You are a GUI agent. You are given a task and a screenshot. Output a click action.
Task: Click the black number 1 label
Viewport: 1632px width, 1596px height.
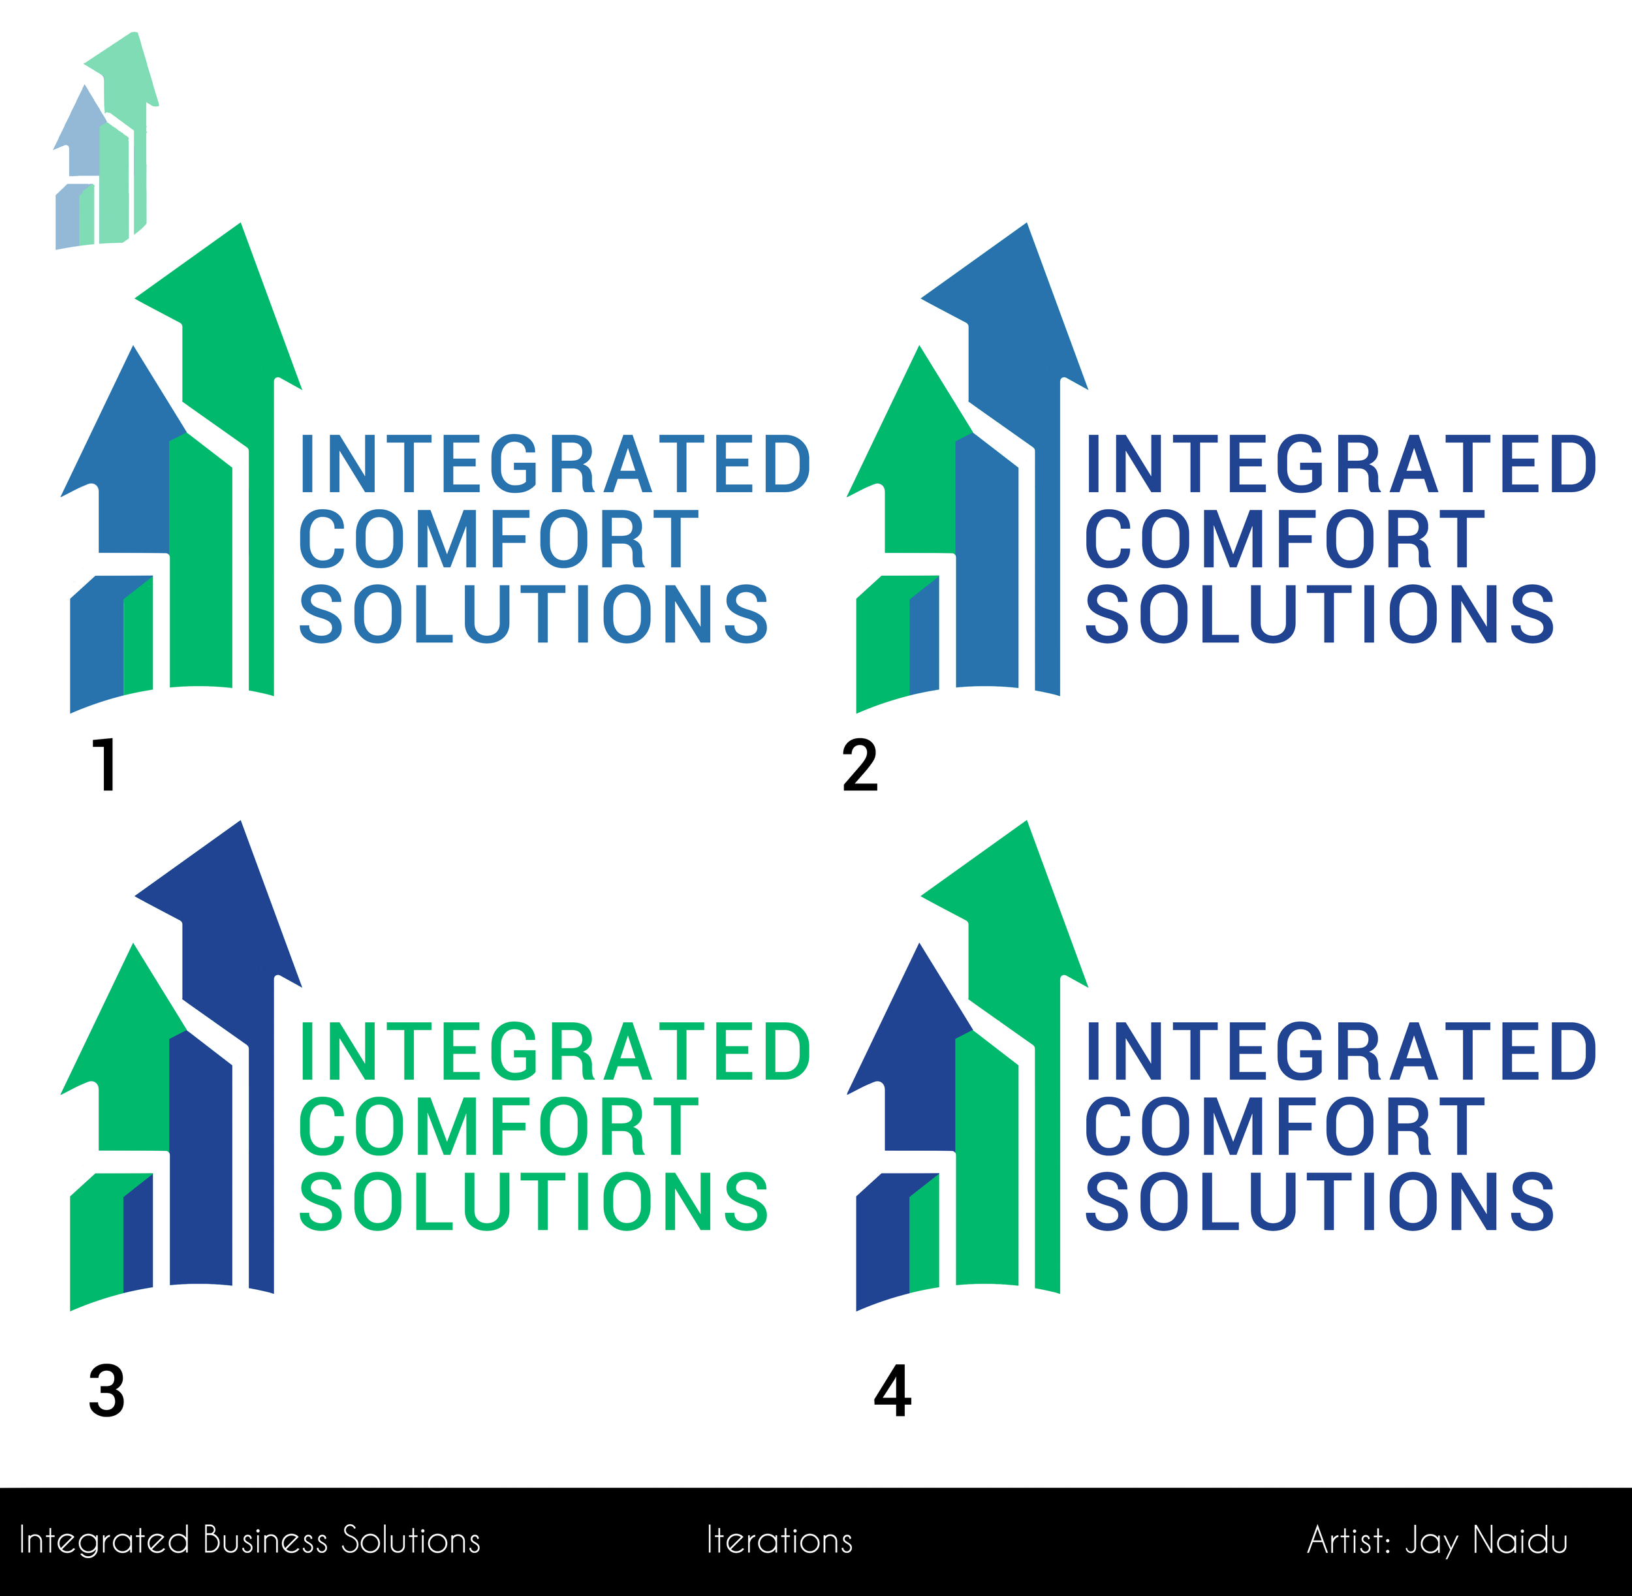(106, 764)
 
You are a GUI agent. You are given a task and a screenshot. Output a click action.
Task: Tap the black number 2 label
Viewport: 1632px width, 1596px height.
(860, 764)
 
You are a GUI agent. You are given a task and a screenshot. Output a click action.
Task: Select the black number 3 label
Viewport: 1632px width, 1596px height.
(106, 1392)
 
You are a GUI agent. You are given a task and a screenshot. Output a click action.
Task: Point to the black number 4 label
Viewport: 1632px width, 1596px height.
(892, 1392)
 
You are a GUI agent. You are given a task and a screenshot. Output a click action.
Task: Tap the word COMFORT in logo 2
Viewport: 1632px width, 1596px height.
(1284, 539)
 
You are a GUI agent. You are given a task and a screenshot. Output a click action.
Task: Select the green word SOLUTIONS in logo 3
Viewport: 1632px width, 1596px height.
(534, 1202)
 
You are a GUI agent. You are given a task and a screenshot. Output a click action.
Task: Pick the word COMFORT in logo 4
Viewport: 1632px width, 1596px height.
(1284, 1127)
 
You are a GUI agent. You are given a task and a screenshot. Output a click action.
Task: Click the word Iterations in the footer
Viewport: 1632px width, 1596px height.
(779, 1541)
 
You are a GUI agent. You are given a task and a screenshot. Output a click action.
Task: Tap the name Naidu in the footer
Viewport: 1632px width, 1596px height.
(1520, 1541)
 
